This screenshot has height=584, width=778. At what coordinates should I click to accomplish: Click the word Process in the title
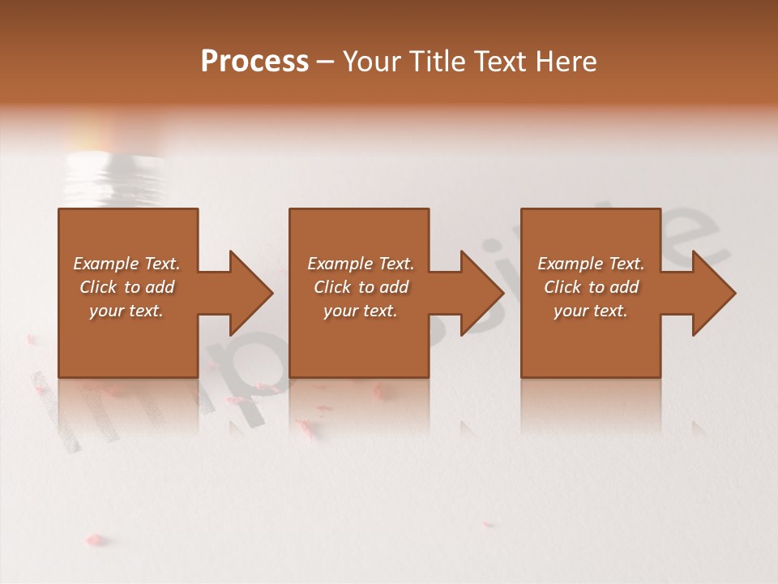pyautogui.click(x=254, y=62)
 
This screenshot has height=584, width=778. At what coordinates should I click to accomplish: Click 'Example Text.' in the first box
pyautogui.click(x=126, y=264)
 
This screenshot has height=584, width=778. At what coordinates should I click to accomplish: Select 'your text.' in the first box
pyautogui.click(x=126, y=311)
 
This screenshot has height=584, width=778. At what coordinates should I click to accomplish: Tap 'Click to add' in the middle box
pyautogui.click(x=361, y=287)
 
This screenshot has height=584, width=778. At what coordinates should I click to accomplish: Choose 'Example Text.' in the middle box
pyautogui.click(x=361, y=264)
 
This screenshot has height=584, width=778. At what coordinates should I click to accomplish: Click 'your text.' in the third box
pyautogui.click(x=591, y=311)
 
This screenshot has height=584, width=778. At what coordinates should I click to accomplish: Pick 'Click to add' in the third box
pyautogui.click(x=591, y=287)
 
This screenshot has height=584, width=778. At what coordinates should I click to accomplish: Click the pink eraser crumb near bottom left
pyautogui.click(x=95, y=539)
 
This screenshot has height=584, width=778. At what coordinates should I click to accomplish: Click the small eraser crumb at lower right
pyautogui.click(x=487, y=524)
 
